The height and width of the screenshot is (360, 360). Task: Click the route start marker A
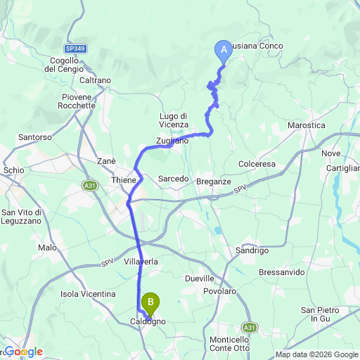click(224, 49)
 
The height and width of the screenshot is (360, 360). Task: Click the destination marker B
click(150, 303)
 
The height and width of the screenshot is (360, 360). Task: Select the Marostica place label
click(307, 124)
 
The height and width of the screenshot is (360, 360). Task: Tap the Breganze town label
click(214, 181)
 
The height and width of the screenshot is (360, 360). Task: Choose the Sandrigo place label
click(252, 250)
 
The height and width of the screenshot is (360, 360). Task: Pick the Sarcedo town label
click(173, 179)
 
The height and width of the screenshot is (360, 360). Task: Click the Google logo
click(23, 352)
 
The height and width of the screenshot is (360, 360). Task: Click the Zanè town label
click(106, 161)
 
